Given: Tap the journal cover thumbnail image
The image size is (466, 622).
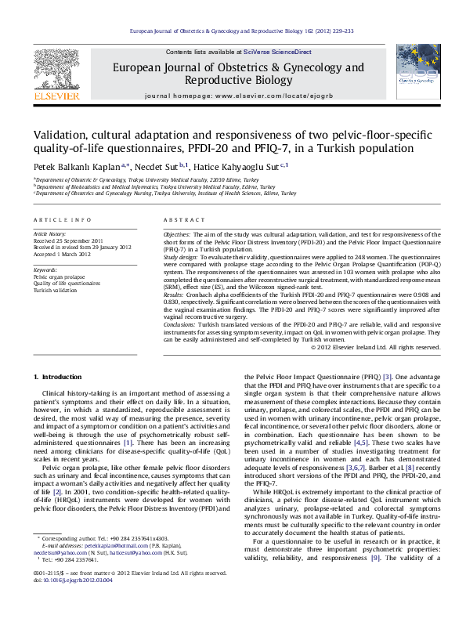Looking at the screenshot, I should (x=417, y=73).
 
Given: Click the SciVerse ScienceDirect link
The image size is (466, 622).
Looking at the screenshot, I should (x=276, y=52).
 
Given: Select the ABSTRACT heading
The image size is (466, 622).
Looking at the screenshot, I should (x=179, y=220).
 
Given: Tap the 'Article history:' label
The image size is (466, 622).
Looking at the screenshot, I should (x=49, y=234).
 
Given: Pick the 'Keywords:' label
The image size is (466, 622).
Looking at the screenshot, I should (x=45, y=271).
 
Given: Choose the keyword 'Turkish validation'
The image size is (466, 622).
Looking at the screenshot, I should (x=55, y=290).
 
